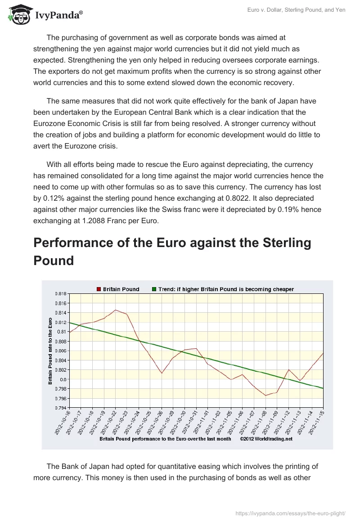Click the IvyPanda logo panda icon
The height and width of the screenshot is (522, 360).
[18, 15]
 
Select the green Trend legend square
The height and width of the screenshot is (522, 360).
[154, 289]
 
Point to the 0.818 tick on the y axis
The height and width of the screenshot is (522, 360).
[60, 293]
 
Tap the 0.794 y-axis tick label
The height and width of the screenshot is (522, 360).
[60, 408]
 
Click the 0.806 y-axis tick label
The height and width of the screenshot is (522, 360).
[60, 351]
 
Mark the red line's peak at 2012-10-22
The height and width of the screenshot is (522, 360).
[115, 310]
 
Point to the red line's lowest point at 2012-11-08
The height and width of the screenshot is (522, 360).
[265, 396]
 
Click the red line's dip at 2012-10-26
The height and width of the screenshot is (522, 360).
[162, 373]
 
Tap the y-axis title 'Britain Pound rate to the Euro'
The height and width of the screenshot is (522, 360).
[50, 351]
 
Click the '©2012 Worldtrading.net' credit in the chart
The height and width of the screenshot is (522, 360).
[266, 439]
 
